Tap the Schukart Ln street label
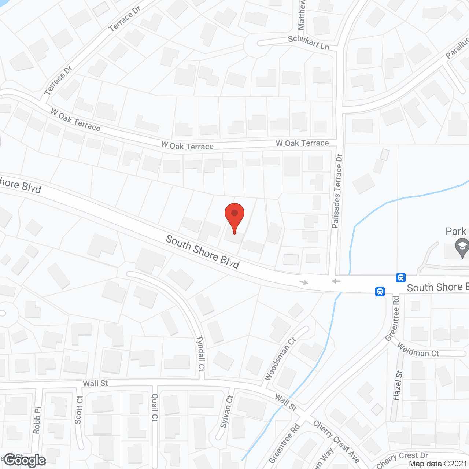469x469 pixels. click(309, 43)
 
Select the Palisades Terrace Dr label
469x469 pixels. click(337, 191)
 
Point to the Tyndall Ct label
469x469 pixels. click(201, 353)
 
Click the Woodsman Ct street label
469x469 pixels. click(280, 359)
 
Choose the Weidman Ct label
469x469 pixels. click(418, 350)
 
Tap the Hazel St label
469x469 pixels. click(398, 385)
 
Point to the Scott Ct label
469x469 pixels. click(79, 410)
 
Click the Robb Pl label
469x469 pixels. click(37, 420)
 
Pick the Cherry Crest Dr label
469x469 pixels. click(402, 459)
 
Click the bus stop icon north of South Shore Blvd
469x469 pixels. click(401, 277)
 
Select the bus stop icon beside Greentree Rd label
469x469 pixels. click(380, 292)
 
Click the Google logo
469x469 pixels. click(25, 460)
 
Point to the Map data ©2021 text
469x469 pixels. click(438, 464)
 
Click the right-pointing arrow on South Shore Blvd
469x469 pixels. click(304, 282)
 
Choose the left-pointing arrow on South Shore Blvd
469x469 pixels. click(336, 281)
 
